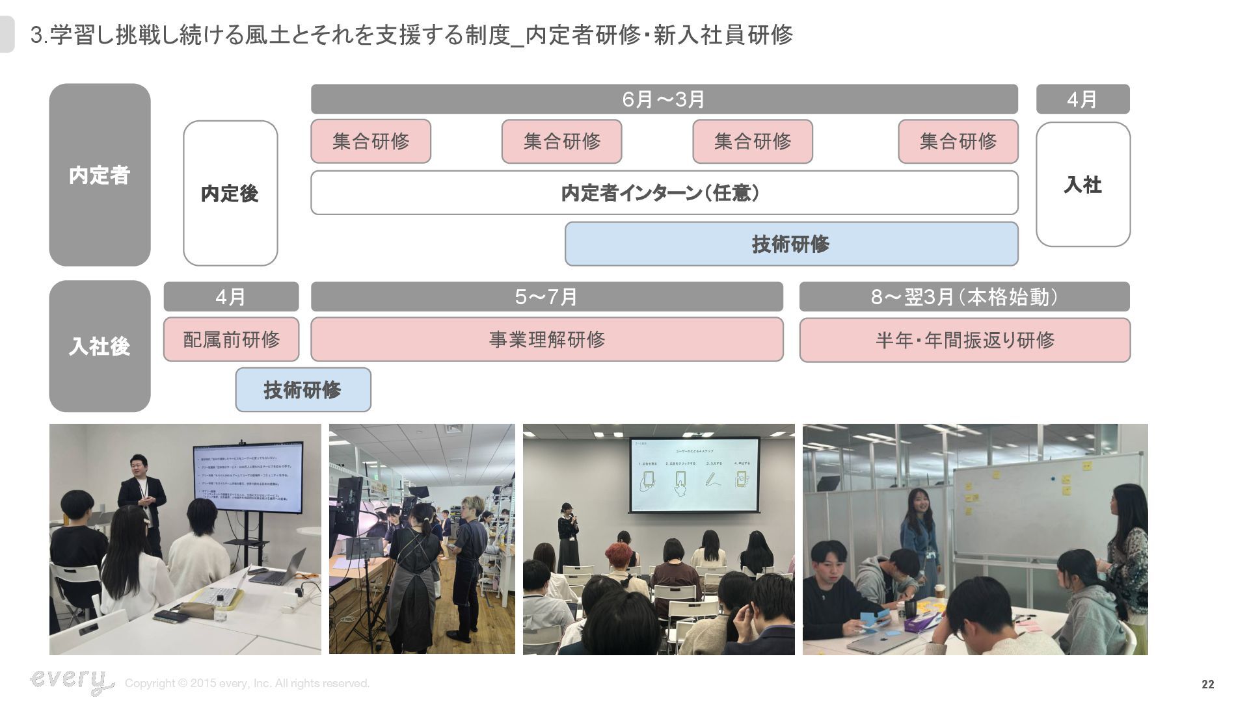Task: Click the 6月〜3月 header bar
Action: click(664, 99)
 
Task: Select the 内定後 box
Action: click(230, 193)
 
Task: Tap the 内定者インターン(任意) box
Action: click(664, 193)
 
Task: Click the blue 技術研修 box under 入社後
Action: click(303, 390)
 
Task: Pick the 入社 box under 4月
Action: click(1082, 185)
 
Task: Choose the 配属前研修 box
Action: click(231, 339)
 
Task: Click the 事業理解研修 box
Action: click(546, 339)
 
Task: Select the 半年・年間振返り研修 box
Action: click(964, 340)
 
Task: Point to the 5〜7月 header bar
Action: click(546, 297)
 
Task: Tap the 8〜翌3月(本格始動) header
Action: click(964, 297)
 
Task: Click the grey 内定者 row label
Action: click(100, 175)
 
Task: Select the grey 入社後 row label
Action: click(100, 346)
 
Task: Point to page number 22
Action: click(1207, 684)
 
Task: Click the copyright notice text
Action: click(247, 683)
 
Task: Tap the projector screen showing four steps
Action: click(693, 474)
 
